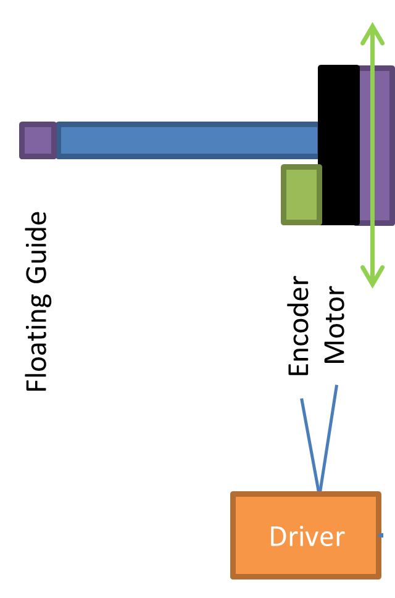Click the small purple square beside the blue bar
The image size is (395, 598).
pyautogui.click(x=38, y=140)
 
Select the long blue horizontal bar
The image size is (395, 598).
pyautogui.click(x=187, y=140)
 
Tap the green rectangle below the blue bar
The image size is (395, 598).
pyautogui.click(x=301, y=194)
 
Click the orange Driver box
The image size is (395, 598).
pyautogui.click(x=306, y=535)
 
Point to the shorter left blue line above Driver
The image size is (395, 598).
pyautogui.click(x=310, y=444)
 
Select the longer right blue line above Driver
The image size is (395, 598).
pyautogui.click(x=328, y=438)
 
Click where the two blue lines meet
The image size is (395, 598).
pyautogui.click(x=319, y=491)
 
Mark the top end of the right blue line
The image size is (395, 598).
pyautogui.click(x=336, y=386)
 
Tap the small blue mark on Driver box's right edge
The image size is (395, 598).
pyautogui.click(x=381, y=535)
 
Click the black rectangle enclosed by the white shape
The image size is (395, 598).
pyautogui.click(x=38, y=301)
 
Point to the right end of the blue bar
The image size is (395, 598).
pyautogui.click(x=317, y=140)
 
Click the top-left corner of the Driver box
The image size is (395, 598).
pyautogui.click(x=232, y=493)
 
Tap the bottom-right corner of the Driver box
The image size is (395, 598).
pyautogui.click(x=380, y=578)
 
